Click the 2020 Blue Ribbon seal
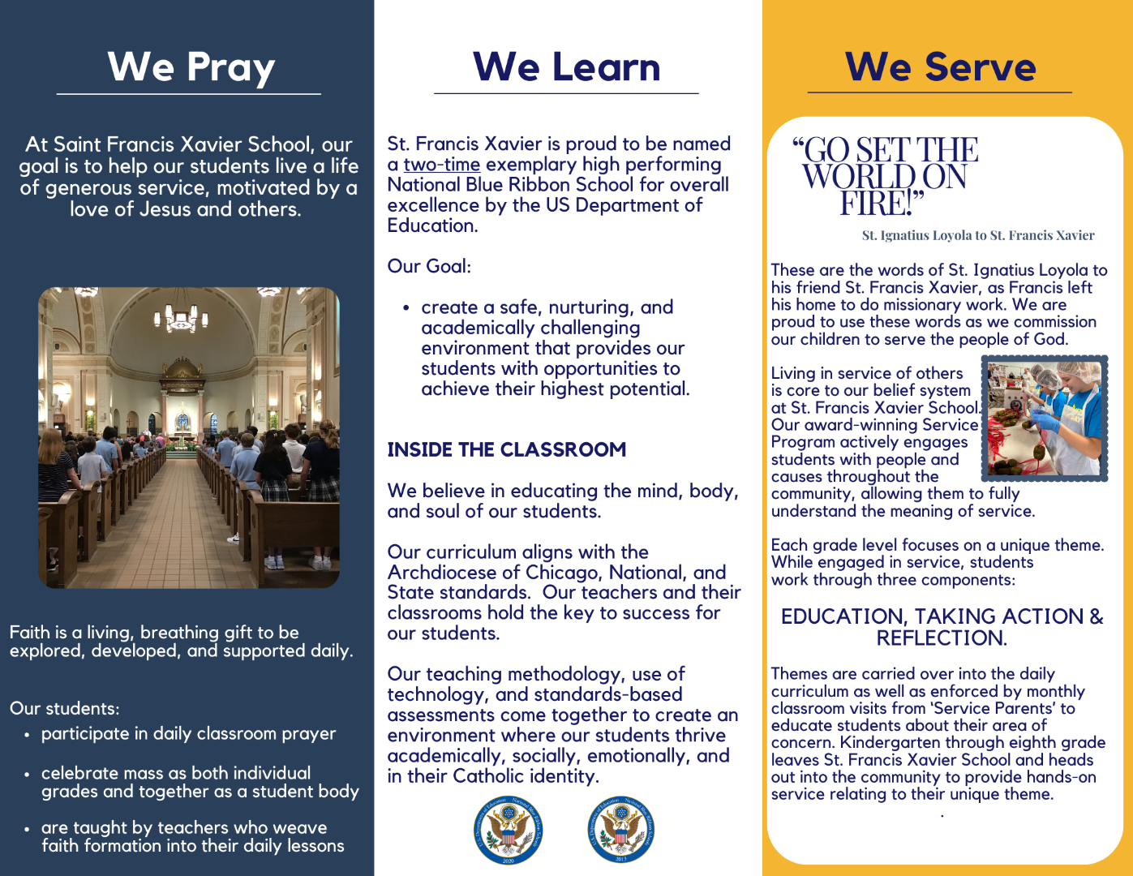(x=509, y=830)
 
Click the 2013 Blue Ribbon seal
(x=621, y=830)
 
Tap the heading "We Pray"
(x=191, y=67)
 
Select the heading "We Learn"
(x=566, y=67)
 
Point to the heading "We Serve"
(x=940, y=67)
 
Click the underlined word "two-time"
(x=442, y=165)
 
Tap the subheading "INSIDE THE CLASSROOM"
(x=506, y=449)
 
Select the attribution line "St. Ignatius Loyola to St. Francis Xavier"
(x=977, y=236)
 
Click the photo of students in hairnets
(x=1045, y=418)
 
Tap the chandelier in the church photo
(x=182, y=316)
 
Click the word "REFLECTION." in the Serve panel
(x=941, y=638)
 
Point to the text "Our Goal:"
(x=429, y=266)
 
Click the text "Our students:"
(x=64, y=708)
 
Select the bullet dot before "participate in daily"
(x=27, y=735)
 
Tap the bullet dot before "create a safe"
(x=406, y=308)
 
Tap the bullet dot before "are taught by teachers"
(x=27, y=829)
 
